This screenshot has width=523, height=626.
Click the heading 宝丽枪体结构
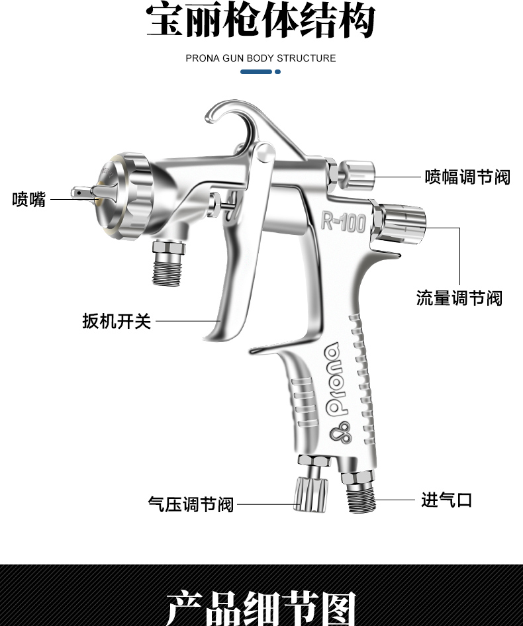coord(261,21)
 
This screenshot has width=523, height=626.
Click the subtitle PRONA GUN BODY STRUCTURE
coord(261,58)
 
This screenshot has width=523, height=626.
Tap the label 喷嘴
coord(29,199)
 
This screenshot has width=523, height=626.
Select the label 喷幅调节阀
coord(467,177)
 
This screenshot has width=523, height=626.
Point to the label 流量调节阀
coord(459,298)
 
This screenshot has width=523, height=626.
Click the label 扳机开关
coord(117,322)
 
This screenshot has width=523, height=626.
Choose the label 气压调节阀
coord(191,504)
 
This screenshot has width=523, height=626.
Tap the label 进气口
coord(447,500)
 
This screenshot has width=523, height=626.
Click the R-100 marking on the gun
coord(343,222)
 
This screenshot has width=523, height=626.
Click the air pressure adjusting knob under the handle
coord(310,494)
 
